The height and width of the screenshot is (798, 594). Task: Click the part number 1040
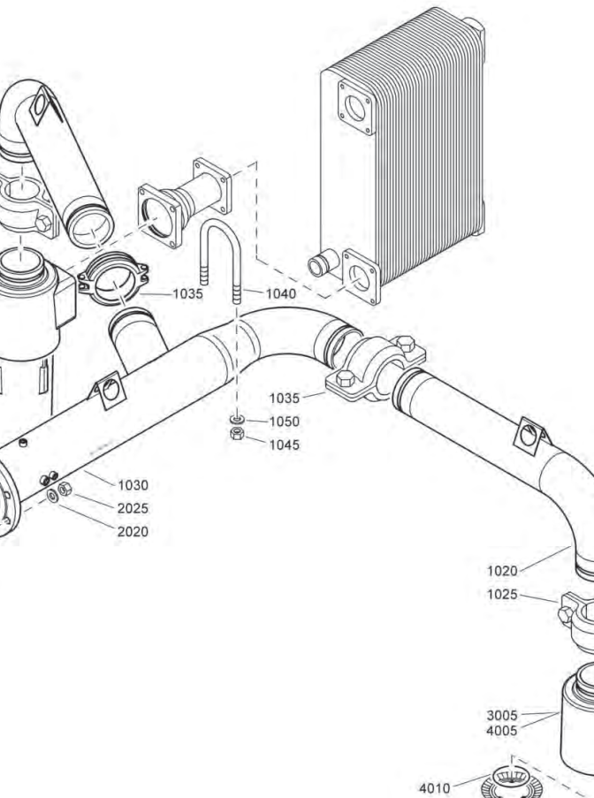click(280, 293)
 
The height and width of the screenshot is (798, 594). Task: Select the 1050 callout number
click(284, 422)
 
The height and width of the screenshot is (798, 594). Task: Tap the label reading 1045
click(284, 445)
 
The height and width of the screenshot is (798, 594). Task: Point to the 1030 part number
click(133, 485)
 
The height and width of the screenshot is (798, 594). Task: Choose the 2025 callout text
click(133, 508)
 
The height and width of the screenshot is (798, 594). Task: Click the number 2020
click(133, 531)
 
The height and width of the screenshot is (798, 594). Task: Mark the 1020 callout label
click(502, 571)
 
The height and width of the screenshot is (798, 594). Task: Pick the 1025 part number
click(502, 594)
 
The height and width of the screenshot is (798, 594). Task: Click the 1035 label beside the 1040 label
click(187, 293)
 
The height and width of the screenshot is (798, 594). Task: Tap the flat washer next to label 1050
click(236, 418)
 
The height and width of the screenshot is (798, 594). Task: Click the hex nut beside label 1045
click(236, 434)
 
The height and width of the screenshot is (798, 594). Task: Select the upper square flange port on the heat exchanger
click(355, 108)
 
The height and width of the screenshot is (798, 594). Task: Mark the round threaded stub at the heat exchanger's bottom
click(320, 263)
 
